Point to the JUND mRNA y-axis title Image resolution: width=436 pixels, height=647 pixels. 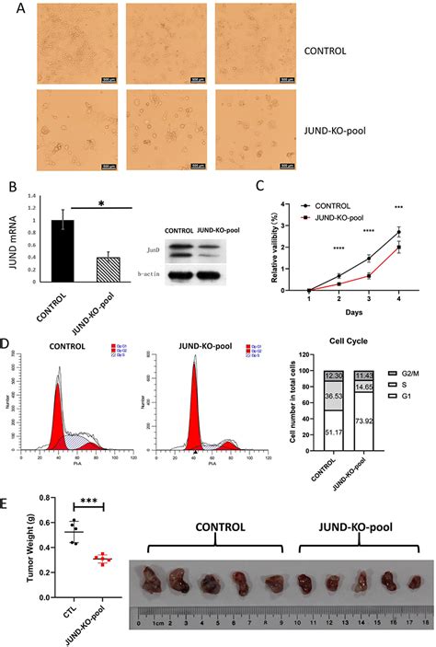9,244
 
